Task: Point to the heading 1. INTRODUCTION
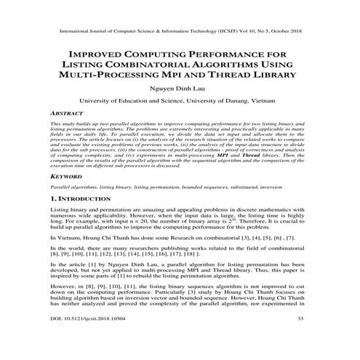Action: (75, 198)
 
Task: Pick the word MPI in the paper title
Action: (211, 75)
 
